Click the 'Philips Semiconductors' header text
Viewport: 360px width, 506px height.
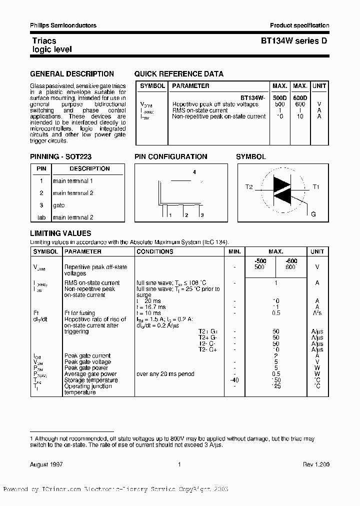pyautogui.click(x=63, y=25)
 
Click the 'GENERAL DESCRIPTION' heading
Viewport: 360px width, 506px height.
pyautogui.click(x=72, y=74)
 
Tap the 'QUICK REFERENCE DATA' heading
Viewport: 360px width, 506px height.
pyautogui.click(x=178, y=74)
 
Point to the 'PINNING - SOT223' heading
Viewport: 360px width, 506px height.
pyautogui.click(x=60, y=157)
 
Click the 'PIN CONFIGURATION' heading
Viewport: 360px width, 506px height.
pyautogui.click(x=170, y=157)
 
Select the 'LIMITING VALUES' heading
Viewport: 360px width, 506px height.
pyautogui.click(x=60, y=233)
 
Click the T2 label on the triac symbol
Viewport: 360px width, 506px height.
pyautogui.click(x=249, y=187)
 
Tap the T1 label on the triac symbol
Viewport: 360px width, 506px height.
pyautogui.click(x=315, y=187)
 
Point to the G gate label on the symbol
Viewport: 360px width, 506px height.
pyautogui.click(x=313, y=214)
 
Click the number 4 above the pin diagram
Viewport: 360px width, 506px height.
pyautogui.click(x=194, y=172)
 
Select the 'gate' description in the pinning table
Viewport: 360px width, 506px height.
pyautogui.click(x=59, y=205)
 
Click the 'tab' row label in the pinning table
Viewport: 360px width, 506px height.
pyautogui.click(x=41, y=217)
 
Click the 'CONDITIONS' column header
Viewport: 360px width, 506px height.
pyautogui.click(x=154, y=251)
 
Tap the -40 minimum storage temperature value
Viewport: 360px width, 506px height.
pyautogui.click(x=234, y=380)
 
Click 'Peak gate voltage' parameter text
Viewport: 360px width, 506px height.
pyautogui.click(x=87, y=362)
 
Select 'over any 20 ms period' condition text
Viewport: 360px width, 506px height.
pyautogui.click(x=165, y=374)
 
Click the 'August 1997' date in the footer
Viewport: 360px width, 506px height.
pyautogui.click(x=46, y=465)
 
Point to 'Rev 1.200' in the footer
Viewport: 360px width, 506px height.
pyautogui.click(x=315, y=465)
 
